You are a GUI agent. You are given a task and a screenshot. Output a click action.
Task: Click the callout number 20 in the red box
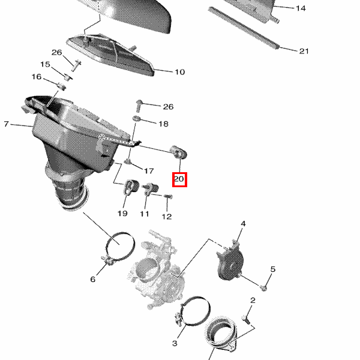pyautogui.click(x=179, y=179)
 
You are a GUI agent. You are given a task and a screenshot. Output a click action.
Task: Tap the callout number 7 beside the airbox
pyautogui.click(x=6, y=124)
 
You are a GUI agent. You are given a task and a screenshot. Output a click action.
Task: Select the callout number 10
pyautogui.click(x=180, y=72)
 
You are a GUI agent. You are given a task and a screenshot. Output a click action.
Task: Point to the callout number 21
pyautogui.click(x=304, y=51)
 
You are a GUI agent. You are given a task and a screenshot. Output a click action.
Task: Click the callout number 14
pyautogui.click(x=301, y=8)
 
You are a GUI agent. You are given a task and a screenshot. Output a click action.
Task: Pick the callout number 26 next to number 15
pyautogui.click(x=57, y=53)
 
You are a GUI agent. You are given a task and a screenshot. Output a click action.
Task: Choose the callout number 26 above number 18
pyautogui.click(x=168, y=107)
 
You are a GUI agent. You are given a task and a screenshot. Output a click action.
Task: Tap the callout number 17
pyautogui.click(x=149, y=171)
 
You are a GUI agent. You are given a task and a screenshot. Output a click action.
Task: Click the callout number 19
pyautogui.click(x=122, y=214)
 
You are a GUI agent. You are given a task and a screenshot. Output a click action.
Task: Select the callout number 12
pyautogui.click(x=167, y=217)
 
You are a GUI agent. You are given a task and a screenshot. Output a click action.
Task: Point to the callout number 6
pyautogui.click(x=93, y=279)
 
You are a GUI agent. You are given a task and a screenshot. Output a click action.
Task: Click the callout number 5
pyautogui.click(x=273, y=269)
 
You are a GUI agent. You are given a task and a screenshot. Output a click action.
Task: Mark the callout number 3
pyautogui.click(x=175, y=343)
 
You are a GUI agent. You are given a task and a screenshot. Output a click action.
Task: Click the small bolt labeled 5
pyautogui.click(x=263, y=287)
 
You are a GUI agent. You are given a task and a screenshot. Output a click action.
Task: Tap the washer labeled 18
pyautogui.click(x=137, y=119)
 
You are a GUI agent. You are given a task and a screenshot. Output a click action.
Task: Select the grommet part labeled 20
pyautogui.click(x=179, y=152)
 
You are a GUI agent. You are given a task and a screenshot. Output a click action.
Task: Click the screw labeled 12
pyautogui.click(x=168, y=197)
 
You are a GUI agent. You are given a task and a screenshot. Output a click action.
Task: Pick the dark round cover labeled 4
pyautogui.click(x=230, y=262)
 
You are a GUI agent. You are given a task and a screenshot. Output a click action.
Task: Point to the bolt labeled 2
pyautogui.click(x=245, y=319)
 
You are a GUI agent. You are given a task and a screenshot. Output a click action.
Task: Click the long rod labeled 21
pyautogui.click(x=244, y=28)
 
